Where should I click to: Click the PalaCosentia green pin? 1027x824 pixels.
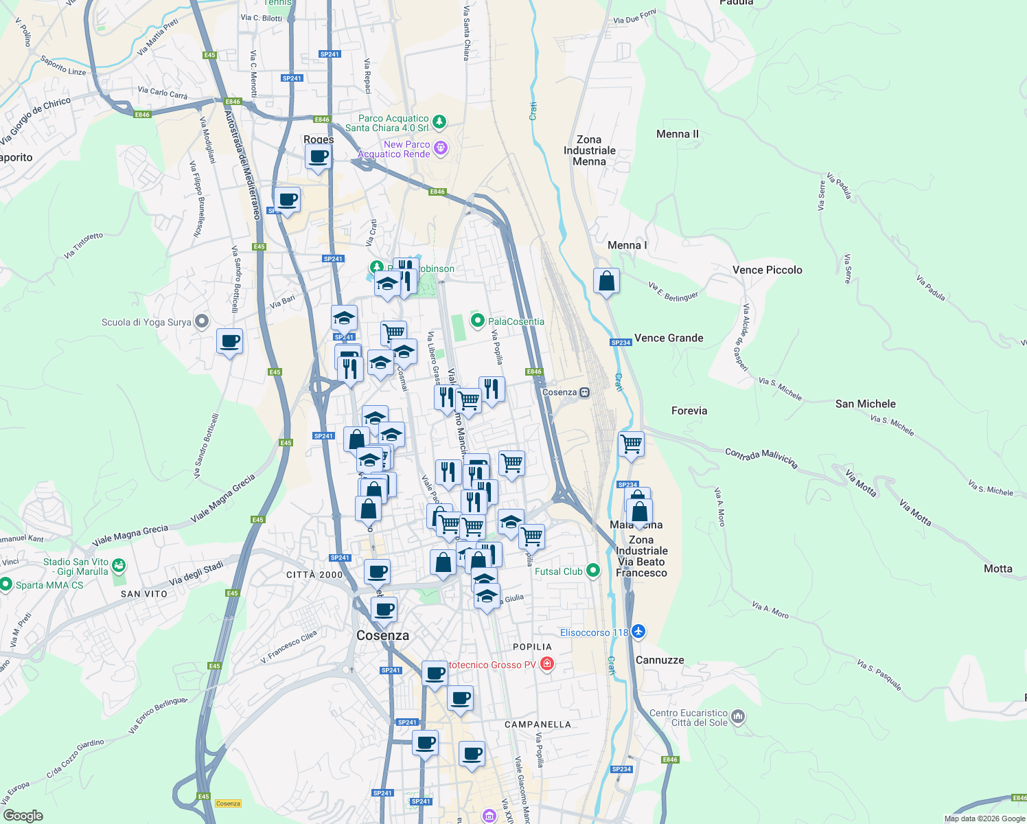(x=478, y=321)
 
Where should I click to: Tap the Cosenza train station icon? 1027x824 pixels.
(x=584, y=393)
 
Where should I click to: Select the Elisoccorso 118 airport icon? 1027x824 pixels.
(x=638, y=631)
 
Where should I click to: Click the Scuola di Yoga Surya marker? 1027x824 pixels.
(x=201, y=321)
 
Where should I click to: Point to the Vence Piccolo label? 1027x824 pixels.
(x=767, y=270)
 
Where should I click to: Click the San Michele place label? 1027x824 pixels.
(x=865, y=404)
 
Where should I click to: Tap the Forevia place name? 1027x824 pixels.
(x=689, y=411)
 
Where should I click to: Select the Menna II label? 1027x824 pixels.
(x=677, y=134)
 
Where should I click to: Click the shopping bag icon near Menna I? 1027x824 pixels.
(x=606, y=281)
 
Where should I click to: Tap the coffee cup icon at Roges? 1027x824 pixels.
(x=318, y=157)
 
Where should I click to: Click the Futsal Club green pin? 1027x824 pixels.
(x=593, y=571)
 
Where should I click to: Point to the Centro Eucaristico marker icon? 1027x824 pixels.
(x=738, y=717)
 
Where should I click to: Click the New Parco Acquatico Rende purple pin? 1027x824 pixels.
(x=441, y=148)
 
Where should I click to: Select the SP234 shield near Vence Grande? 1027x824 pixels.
(x=620, y=342)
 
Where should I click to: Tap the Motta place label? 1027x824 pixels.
(x=997, y=569)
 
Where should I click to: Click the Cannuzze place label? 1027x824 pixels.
(x=660, y=660)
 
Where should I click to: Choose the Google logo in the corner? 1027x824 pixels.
(x=23, y=815)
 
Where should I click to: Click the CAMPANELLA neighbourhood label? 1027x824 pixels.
(x=537, y=724)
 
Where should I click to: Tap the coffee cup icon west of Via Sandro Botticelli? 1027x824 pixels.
(x=229, y=341)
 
